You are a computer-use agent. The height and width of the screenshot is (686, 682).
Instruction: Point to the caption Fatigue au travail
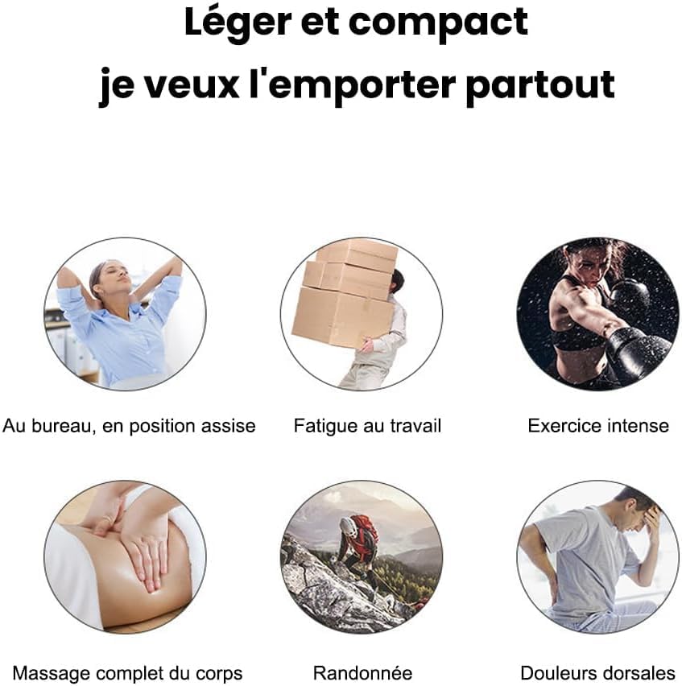point(367,425)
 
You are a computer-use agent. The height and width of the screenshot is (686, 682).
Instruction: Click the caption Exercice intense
point(597,425)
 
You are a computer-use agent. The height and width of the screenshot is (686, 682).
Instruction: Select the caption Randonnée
point(362,672)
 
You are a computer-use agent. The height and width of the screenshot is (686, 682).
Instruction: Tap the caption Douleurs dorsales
point(597,672)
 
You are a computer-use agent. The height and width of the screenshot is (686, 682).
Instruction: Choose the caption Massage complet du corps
point(128,672)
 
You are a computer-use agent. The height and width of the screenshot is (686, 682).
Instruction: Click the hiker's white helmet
point(348,526)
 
